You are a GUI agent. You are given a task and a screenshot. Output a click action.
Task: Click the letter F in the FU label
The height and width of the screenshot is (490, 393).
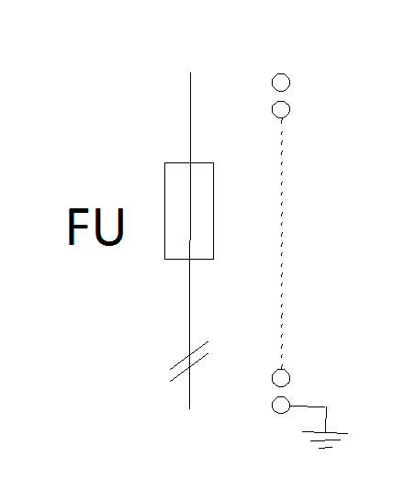[x=77, y=227]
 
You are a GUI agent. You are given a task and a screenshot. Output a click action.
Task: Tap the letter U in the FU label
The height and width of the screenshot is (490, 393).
[x=109, y=227]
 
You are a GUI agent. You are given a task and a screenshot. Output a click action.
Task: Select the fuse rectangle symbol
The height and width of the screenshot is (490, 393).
[x=164, y=211]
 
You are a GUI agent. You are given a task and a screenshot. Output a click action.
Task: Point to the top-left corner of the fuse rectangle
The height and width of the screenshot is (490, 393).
[x=164, y=162]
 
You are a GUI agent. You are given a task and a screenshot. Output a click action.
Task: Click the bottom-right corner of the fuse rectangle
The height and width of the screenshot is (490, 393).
[x=214, y=259]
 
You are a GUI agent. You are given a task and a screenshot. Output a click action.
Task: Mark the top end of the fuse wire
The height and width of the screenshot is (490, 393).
[x=190, y=72]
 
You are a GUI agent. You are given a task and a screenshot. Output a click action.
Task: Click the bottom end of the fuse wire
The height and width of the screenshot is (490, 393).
[x=189, y=408]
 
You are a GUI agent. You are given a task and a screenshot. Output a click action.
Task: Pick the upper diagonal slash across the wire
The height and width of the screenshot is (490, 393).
[x=189, y=355]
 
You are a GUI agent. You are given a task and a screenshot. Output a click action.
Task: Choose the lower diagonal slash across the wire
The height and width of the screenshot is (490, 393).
[x=189, y=367]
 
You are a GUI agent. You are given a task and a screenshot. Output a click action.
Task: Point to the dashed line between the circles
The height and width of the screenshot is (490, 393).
[x=282, y=244]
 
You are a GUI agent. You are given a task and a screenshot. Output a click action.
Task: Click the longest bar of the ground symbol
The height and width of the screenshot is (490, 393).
[x=325, y=432]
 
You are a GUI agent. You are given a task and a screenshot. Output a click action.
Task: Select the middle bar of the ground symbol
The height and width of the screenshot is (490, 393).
[x=325, y=440]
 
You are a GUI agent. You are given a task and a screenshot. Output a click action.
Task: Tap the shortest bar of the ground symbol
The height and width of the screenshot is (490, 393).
[x=325, y=448]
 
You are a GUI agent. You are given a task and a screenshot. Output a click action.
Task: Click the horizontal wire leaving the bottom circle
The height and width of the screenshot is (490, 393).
[x=309, y=406]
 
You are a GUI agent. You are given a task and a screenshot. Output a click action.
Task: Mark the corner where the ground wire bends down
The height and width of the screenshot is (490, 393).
[x=326, y=406]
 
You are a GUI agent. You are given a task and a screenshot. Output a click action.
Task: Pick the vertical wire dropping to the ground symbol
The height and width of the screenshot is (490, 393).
[x=326, y=419]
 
